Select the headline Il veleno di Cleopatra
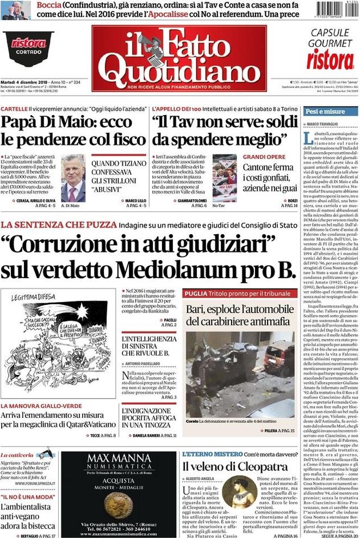coord(234,466)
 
